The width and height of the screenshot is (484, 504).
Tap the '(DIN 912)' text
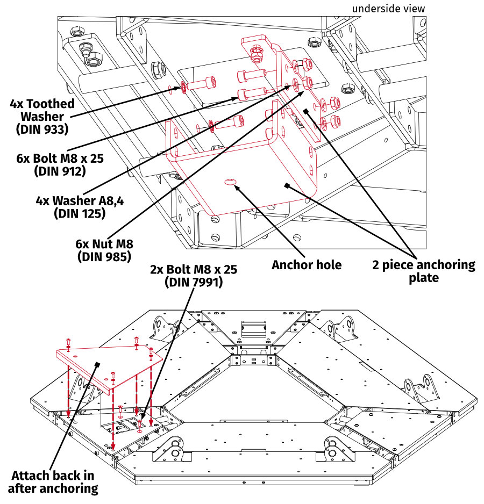pyautogui.click(x=60, y=171)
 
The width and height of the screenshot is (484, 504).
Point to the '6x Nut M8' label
pyautogui.click(x=104, y=243)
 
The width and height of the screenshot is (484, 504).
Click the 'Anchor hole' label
pyautogui.click(x=307, y=265)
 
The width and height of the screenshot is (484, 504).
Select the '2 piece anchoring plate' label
pyautogui.click(x=424, y=271)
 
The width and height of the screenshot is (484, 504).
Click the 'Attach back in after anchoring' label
pyautogui.click(x=53, y=482)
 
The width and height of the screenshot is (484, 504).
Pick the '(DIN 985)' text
pyautogui.click(x=104, y=256)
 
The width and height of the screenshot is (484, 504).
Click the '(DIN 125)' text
pyautogui.click(x=79, y=213)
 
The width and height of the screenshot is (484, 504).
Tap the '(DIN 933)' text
pyautogui.click(x=42, y=128)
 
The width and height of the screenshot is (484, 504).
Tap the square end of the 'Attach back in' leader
pyautogui.click(x=98, y=364)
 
